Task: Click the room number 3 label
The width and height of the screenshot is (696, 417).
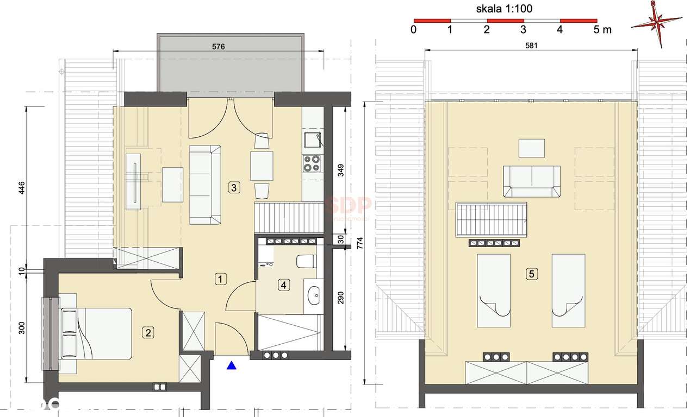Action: point(233,188)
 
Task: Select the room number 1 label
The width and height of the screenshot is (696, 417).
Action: point(220,279)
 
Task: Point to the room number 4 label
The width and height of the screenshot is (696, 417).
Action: point(283,284)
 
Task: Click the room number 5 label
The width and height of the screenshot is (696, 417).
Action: point(531,274)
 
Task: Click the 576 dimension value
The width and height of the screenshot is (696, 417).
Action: point(219,47)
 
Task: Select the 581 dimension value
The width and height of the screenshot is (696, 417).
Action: point(531,46)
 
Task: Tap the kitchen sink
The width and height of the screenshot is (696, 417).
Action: point(313,141)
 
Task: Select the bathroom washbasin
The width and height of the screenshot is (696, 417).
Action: point(315,297)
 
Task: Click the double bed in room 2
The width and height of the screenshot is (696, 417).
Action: point(97,333)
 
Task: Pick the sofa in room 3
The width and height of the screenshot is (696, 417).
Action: point(204,185)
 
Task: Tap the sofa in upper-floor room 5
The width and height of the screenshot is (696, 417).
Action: point(531,181)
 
